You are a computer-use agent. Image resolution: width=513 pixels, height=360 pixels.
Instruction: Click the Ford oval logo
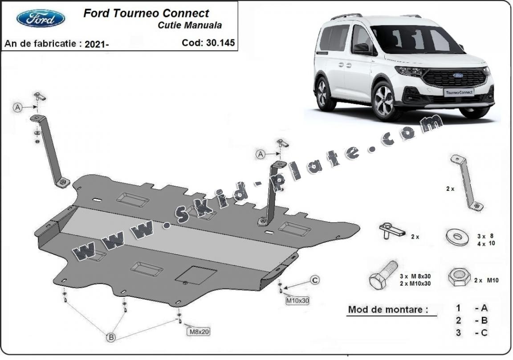[x=41, y=18]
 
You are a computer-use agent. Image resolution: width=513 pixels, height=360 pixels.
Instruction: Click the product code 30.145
[x=208, y=43]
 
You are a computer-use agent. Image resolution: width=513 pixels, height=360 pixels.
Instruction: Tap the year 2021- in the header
[x=97, y=44]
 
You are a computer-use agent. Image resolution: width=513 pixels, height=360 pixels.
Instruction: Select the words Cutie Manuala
[x=189, y=25]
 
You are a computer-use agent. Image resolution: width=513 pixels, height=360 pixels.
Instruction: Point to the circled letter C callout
[x=314, y=280]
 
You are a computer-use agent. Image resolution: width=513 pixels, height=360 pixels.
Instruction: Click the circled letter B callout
[x=111, y=337]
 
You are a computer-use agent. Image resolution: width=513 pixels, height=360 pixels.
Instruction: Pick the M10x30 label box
[x=297, y=300]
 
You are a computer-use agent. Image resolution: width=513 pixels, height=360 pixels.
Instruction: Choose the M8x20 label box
[x=198, y=331]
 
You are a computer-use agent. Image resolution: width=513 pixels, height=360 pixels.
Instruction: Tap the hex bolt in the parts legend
[x=383, y=274]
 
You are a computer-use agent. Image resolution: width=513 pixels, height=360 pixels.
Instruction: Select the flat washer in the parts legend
[x=456, y=237]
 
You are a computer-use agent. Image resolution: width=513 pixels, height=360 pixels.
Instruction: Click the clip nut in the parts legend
[x=391, y=230]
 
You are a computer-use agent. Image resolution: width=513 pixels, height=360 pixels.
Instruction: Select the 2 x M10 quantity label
[x=486, y=280]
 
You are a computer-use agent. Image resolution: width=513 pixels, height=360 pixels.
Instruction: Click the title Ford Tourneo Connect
[x=146, y=13]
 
